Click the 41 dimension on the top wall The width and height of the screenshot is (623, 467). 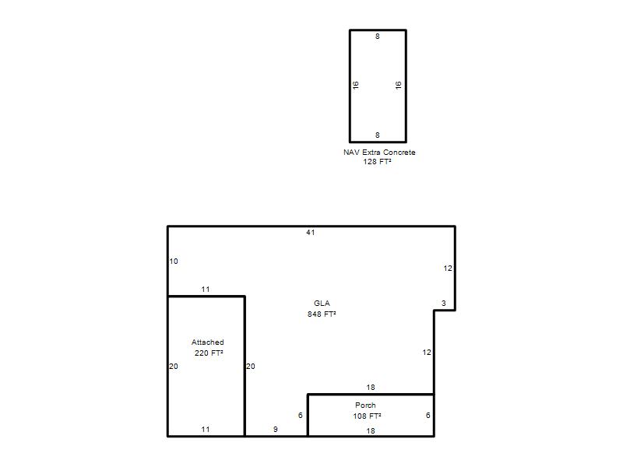pyautogui.click(x=310, y=232)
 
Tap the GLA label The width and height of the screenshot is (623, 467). pyautogui.click(x=322, y=304)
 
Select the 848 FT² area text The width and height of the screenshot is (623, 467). pyautogui.click(x=322, y=314)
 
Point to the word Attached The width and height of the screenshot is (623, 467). pyautogui.click(x=207, y=342)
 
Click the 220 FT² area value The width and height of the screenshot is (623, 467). pyautogui.click(x=209, y=353)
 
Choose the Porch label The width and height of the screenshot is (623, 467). pyautogui.click(x=365, y=406)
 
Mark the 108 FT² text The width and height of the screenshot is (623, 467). pyautogui.click(x=367, y=416)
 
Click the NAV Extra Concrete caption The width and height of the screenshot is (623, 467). pyautogui.click(x=379, y=153)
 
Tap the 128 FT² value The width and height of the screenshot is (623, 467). pyautogui.click(x=377, y=162)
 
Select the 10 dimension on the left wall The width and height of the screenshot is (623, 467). pyautogui.click(x=174, y=262)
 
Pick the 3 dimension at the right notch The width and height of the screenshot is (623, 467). pyautogui.click(x=444, y=304)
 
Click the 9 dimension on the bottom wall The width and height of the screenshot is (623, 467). pyautogui.click(x=276, y=430)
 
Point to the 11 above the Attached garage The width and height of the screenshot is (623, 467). pyautogui.click(x=206, y=290)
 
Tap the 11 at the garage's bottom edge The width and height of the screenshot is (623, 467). pyautogui.click(x=206, y=430)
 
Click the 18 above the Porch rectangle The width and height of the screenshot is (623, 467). pyautogui.click(x=371, y=388)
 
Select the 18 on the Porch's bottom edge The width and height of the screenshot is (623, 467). pyautogui.click(x=371, y=431)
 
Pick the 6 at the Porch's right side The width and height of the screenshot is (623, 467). pyautogui.click(x=428, y=416)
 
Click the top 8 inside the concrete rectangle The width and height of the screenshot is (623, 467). pyautogui.click(x=378, y=37)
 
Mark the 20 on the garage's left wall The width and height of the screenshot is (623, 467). pyautogui.click(x=174, y=366)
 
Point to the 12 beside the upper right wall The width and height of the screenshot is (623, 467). pyautogui.click(x=448, y=269)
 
